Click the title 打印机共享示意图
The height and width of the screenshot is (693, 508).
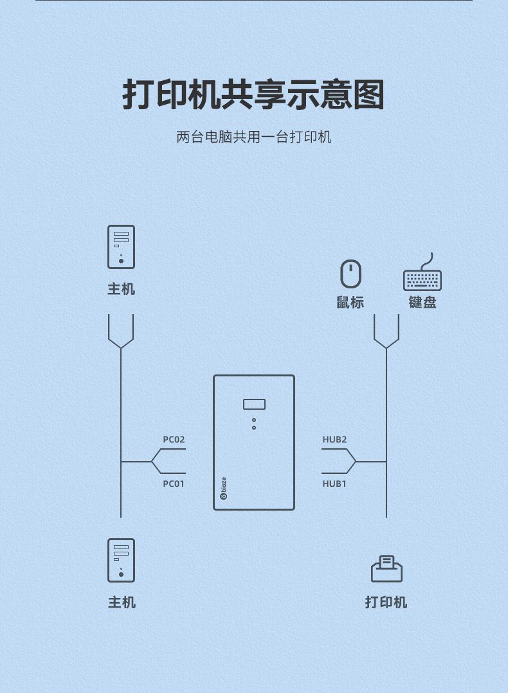(253, 95)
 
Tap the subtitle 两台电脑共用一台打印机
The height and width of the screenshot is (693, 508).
(253, 137)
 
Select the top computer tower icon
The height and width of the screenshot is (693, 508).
(121, 247)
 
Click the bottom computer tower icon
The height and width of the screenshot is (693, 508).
(121, 560)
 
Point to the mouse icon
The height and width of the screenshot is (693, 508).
(350, 274)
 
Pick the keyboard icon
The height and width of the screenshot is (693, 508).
(422, 276)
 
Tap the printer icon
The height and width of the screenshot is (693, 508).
(386, 569)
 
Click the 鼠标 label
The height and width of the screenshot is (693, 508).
(350, 303)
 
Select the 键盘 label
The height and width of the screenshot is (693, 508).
(422, 303)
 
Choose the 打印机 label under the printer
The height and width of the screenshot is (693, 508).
(386, 602)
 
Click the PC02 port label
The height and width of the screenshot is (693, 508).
(174, 440)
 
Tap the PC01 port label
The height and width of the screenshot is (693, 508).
(174, 484)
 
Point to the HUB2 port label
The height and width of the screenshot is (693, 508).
(334, 440)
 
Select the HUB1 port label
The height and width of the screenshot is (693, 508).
(334, 484)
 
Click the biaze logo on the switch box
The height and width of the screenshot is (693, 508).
(223, 488)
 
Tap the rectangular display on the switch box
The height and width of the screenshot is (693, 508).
(254, 404)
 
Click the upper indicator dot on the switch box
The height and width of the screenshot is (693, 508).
(254, 420)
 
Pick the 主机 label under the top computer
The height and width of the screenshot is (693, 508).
(121, 290)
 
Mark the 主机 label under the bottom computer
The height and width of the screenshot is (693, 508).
(122, 602)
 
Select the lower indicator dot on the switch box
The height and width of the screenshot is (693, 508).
(254, 428)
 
